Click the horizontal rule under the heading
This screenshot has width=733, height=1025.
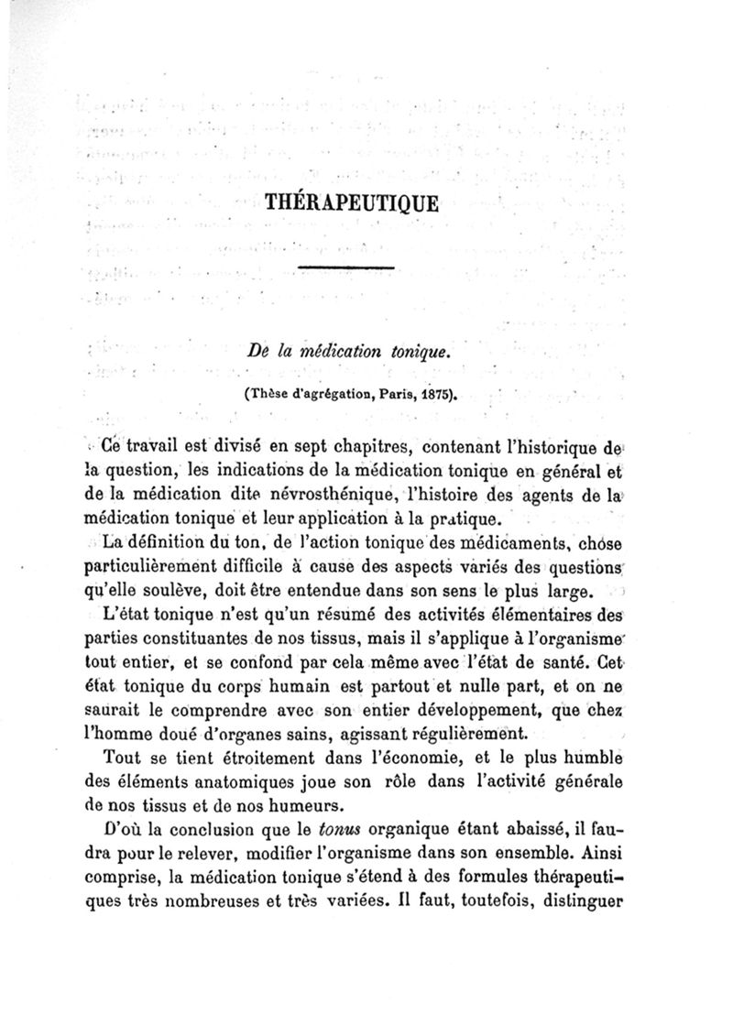(346, 267)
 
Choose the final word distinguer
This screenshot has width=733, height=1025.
(579, 901)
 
